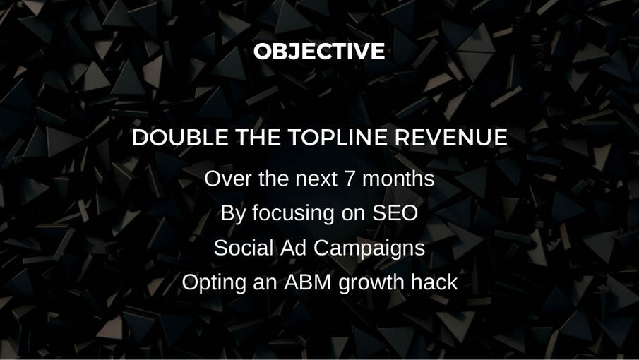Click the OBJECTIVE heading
(319, 52)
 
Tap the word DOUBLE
(180, 137)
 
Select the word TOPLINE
(338, 137)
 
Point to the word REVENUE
(450, 137)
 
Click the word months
(398, 179)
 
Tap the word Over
(229, 179)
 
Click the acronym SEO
(395, 213)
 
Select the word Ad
(293, 248)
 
